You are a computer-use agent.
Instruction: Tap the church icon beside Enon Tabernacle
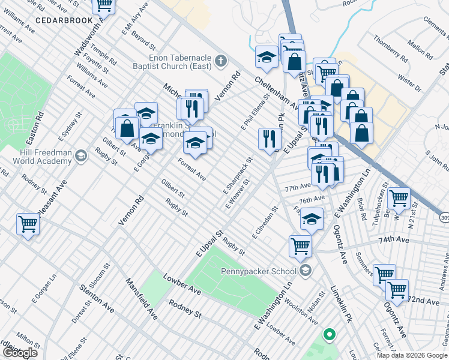click(221, 61)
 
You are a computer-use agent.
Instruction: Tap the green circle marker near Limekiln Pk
click(328, 335)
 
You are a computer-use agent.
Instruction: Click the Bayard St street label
click(143, 41)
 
